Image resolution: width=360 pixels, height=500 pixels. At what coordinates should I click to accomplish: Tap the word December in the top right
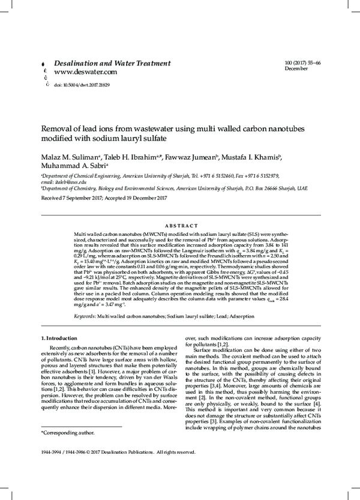pos(296,69)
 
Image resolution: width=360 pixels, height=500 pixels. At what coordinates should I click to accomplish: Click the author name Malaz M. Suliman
pos(67,156)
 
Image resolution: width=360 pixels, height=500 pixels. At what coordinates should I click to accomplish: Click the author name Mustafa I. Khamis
pos(251,156)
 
